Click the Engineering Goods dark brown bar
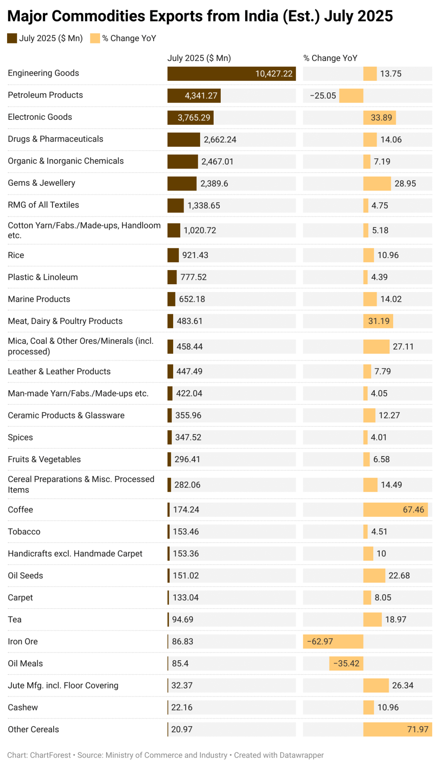coord(231,74)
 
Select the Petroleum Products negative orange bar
coord(351,96)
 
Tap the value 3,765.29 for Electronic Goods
coord(194,118)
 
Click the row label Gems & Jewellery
coord(42,183)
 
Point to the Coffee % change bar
coord(395,510)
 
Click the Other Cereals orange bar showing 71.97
coord(397,730)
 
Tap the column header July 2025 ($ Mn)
coord(199,58)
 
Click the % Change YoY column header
coord(330,58)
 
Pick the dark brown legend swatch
coord(12,38)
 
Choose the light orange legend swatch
coord(95,38)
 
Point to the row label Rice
coord(16,255)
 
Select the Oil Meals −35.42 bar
coord(346,664)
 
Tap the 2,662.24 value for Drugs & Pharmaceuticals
coord(220,140)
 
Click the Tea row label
coord(15,619)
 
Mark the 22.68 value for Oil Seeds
coord(399,576)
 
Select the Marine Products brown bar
coord(171,299)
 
